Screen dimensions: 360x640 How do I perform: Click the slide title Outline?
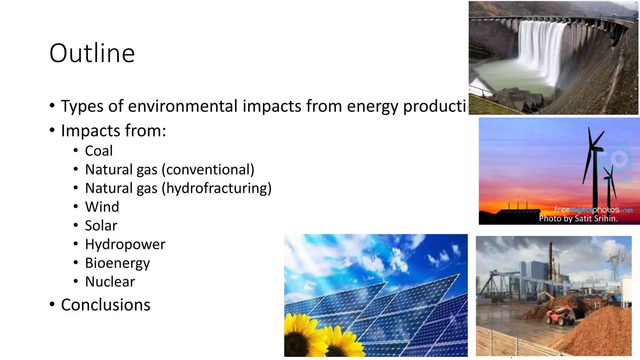(92, 53)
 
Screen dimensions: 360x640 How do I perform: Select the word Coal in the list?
(99, 151)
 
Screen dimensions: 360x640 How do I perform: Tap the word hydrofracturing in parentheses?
(217, 188)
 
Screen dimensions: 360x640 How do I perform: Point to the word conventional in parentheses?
(208, 170)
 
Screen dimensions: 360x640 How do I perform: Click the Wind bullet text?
(102, 207)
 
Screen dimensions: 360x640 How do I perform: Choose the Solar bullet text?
(101, 226)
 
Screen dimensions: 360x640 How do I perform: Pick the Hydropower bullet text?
(125, 244)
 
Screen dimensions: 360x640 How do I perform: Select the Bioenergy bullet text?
(117, 263)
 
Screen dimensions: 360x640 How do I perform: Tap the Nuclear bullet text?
(110, 282)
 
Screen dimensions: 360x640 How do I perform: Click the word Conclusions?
(106, 305)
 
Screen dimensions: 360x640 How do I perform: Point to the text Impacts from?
(113, 131)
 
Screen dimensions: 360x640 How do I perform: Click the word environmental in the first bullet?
(183, 106)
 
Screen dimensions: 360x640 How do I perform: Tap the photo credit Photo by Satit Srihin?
(578, 218)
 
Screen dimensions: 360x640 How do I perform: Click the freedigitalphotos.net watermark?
(593, 210)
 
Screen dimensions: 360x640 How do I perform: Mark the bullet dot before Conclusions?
(52, 304)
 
